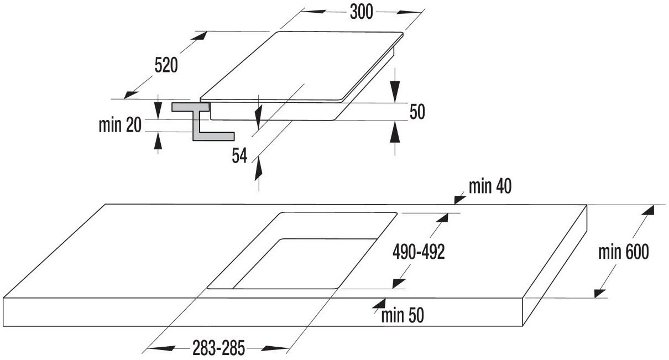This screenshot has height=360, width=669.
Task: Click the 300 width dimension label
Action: (362, 12)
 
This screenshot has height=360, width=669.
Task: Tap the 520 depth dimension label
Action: (166, 65)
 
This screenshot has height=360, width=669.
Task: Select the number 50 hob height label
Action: (417, 112)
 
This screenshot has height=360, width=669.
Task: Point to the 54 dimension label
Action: (239, 155)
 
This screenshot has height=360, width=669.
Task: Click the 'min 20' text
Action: (120, 125)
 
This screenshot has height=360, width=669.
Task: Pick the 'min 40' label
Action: (490, 186)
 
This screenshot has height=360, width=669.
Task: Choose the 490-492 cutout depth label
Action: (419, 252)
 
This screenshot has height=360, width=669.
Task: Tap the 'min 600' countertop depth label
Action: (624, 252)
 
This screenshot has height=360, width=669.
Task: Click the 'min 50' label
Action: (403, 315)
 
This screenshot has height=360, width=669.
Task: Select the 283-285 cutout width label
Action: (218, 348)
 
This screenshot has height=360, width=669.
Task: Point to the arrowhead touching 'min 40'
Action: (460, 199)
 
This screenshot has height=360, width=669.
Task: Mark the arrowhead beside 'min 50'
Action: (379, 303)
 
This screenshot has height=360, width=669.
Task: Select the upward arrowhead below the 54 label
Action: (259, 169)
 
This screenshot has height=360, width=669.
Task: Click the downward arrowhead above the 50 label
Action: (395, 91)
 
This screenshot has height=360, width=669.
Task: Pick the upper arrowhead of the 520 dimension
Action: (199, 35)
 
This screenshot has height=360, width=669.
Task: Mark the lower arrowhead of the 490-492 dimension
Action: (399, 283)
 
